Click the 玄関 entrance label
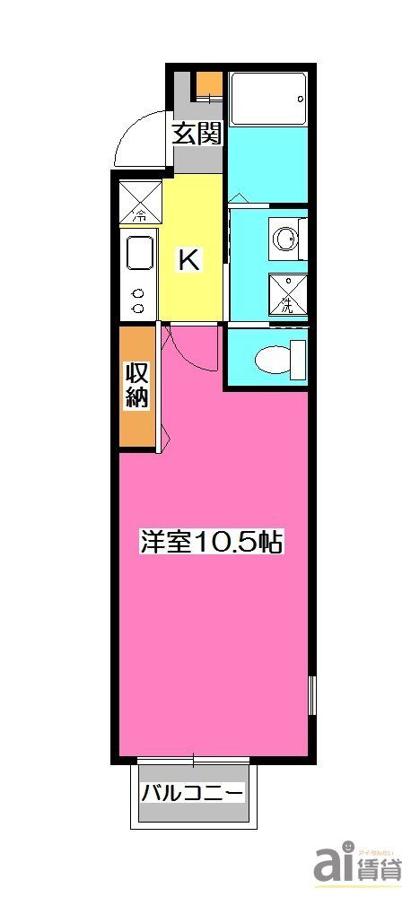point(197,135)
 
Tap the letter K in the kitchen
point(189,260)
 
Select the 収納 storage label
point(136,386)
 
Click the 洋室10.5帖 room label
point(211,541)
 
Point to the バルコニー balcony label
point(192,794)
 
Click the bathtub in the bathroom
point(267,99)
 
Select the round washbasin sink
point(285,239)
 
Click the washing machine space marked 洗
point(287,292)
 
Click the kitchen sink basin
point(140,252)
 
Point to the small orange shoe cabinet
point(208,83)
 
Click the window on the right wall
point(311,695)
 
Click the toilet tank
point(299,359)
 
